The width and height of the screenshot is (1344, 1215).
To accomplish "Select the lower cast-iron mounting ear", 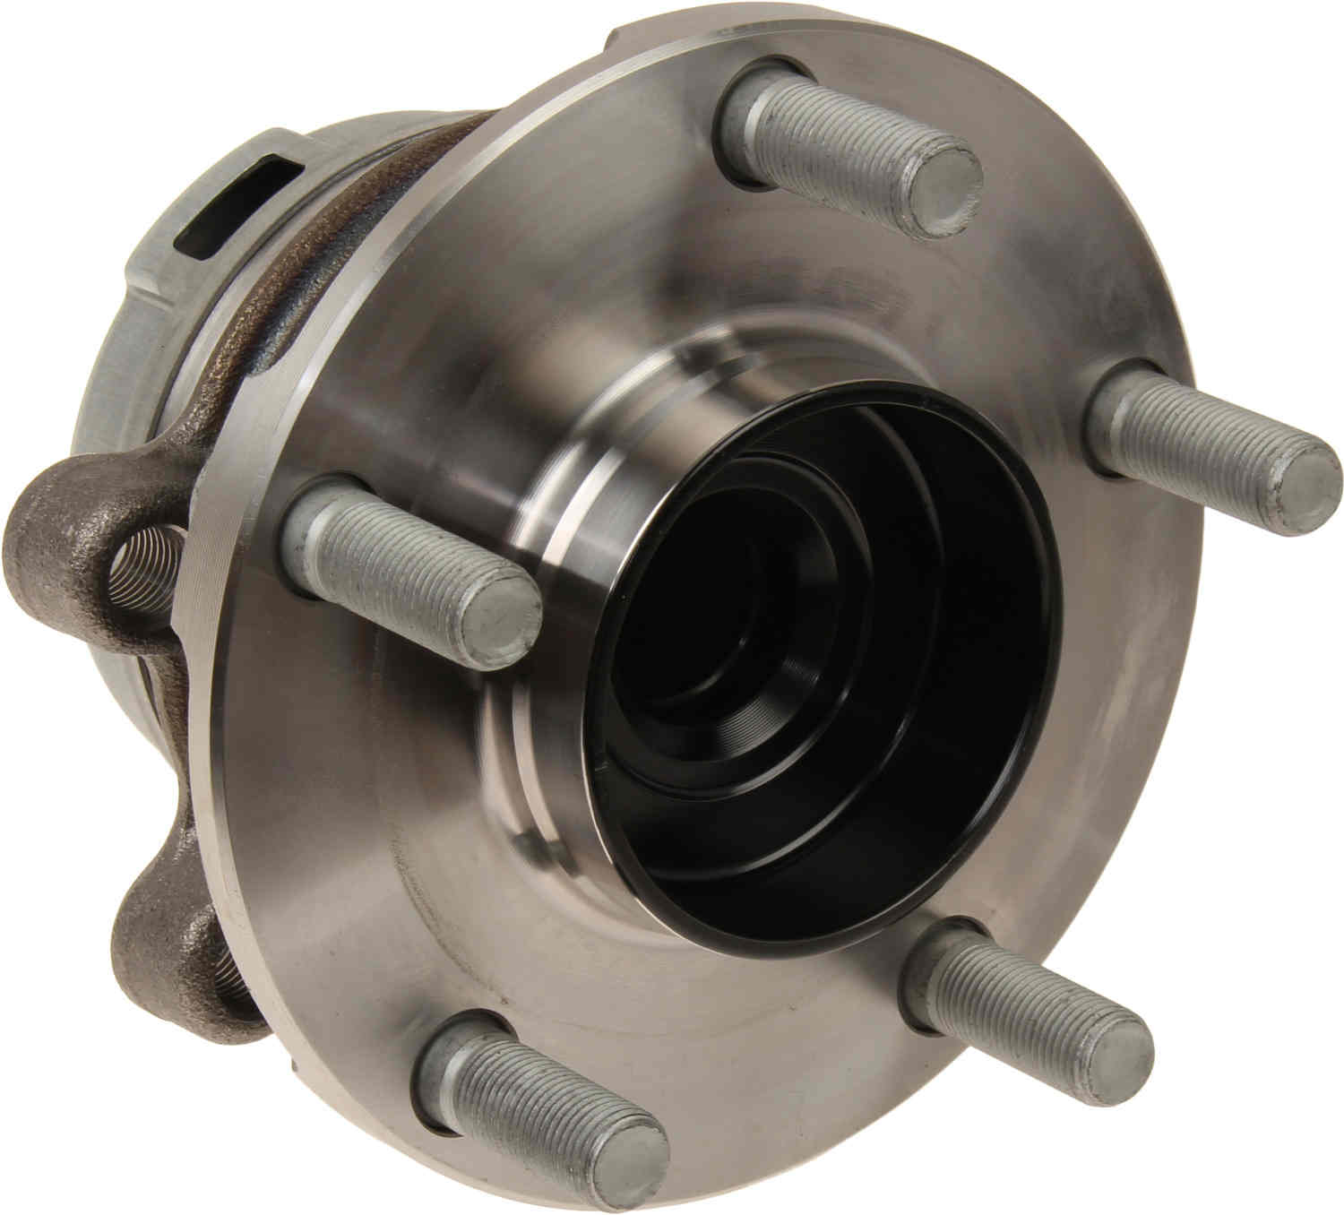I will point(166,932).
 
